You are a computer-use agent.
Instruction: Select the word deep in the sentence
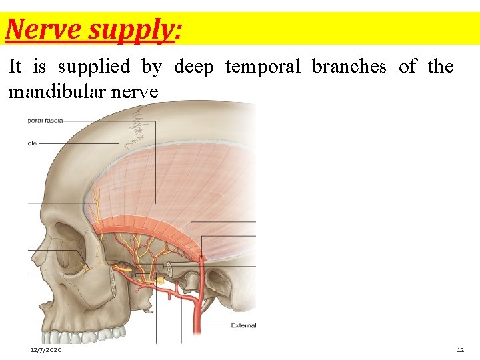point(195,67)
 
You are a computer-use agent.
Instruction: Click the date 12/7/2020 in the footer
point(46,350)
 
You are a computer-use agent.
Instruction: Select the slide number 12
point(460,350)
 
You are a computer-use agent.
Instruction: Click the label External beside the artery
point(243,325)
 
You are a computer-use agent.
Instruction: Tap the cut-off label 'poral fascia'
point(45,121)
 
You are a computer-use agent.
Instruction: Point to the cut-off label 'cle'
point(32,143)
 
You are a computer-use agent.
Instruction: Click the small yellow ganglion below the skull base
point(161,281)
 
